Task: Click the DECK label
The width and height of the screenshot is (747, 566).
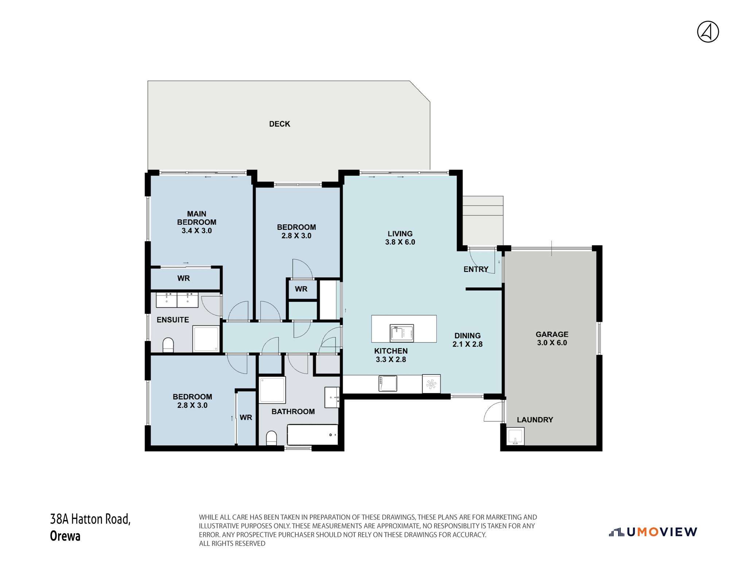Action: (279, 124)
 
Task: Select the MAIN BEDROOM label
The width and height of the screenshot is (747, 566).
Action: (197, 218)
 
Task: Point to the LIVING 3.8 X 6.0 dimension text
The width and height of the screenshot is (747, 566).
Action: (400, 242)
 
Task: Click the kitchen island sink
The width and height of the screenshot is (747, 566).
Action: (402, 333)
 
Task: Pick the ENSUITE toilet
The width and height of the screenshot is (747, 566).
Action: (168, 345)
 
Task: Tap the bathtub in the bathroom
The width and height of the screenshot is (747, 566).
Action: (313, 434)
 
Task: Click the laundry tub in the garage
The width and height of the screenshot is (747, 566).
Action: (515, 436)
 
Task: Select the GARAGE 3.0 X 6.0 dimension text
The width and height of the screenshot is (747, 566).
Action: (552, 343)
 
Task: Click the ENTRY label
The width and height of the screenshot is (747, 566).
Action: (476, 269)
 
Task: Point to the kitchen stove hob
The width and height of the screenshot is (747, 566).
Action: (387, 383)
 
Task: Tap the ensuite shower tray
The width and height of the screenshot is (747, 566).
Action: (206, 339)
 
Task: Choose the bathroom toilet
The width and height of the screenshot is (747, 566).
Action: (271, 438)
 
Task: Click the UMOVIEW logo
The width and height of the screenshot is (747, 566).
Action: (653, 532)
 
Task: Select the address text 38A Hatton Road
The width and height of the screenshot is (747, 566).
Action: (90, 519)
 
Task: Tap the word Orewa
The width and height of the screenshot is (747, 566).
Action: (65, 536)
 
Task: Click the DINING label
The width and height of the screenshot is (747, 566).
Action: (467, 336)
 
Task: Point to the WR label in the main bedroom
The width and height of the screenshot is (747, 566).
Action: (183, 278)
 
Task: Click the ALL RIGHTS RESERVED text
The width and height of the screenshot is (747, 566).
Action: (232, 543)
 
